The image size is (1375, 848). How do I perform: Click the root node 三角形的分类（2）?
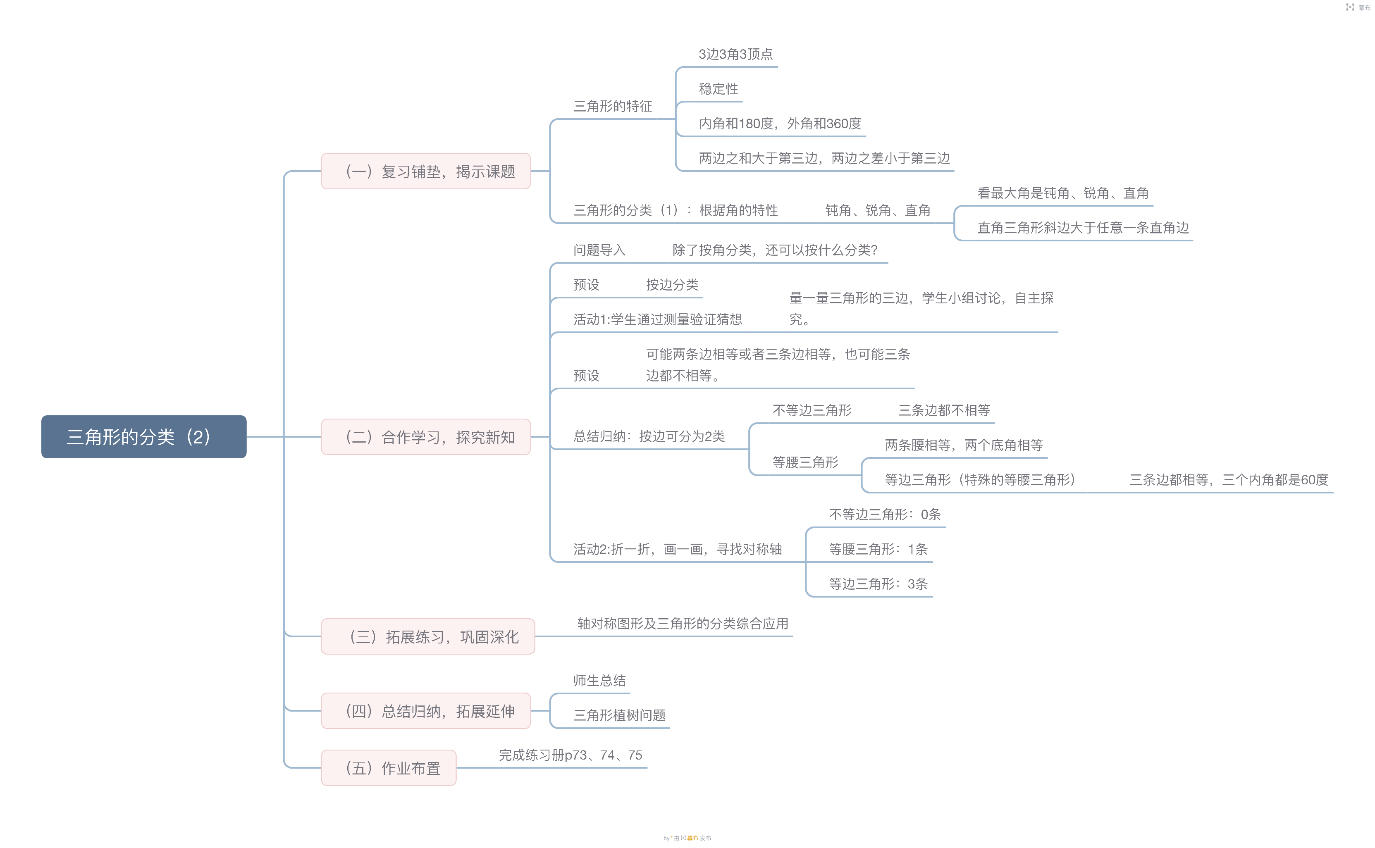click(x=143, y=437)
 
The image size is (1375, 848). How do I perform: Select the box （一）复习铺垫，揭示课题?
click(x=426, y=171)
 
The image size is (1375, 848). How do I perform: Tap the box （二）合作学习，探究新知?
click(x=426, y=437)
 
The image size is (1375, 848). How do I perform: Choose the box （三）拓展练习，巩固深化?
click(x=428, y=636)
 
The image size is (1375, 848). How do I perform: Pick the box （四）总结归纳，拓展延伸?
click(x=426, y=711)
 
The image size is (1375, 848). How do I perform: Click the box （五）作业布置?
click(x=389, y=768)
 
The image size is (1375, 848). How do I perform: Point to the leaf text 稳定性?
click(x=718, y=88)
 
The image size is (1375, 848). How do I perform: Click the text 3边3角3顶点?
click(x=735, y=54)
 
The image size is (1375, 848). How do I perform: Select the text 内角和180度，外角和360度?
click(x=780, y=124)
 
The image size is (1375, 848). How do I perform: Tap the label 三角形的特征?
click(x=613, y=106)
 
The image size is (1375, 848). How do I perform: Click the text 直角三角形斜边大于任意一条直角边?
click(x=1083, y=227)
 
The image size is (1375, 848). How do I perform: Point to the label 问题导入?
click(x=599, y=250)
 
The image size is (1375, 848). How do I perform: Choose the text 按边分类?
click(x=672, y=285)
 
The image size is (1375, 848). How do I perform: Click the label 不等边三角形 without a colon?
click(x=812, y=410)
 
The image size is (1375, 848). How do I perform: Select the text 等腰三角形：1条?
click(x=878, y=549)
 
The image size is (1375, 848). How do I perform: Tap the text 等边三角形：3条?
click(x=878, y=584)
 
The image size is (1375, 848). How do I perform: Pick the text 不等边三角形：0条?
click(x=885, y=514)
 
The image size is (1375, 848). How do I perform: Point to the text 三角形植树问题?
click(x=619, y=715)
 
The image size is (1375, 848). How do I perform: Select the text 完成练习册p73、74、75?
click(x=570, y=755)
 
